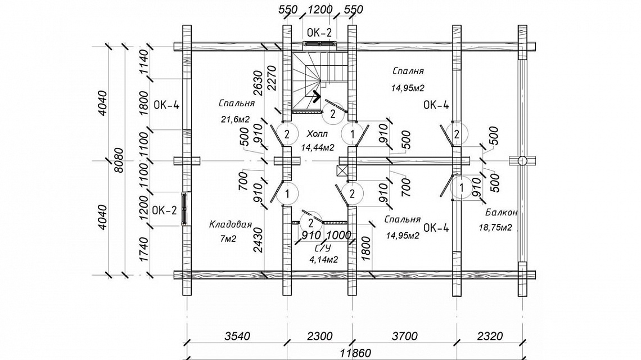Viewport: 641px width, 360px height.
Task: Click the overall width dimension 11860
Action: point(355,353)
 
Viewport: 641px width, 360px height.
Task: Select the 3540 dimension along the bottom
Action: point(237,336)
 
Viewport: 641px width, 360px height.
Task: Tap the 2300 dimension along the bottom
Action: point(320,336)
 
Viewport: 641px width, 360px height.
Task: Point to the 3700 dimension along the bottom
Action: point(405,336)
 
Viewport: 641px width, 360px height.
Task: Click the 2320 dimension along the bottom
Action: point(490,336)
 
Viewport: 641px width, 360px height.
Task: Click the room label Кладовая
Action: point(230,224)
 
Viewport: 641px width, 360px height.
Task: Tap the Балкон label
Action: point(501,212)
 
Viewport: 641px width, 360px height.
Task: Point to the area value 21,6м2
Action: point(235,119)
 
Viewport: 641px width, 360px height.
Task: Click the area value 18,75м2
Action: point(495,227)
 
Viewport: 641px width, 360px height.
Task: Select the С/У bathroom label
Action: point(323,248)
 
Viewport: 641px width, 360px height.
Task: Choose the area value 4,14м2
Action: point(323,259)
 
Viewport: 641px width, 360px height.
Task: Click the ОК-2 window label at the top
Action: point(319,33)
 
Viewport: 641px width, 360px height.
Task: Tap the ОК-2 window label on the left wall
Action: point(164,210)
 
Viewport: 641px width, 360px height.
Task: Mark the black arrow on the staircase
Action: point(316,97)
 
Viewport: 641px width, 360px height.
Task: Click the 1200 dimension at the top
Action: point(320,10)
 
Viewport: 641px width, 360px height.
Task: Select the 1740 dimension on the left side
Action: point(145,250)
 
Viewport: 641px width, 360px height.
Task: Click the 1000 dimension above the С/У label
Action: point(339,235)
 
